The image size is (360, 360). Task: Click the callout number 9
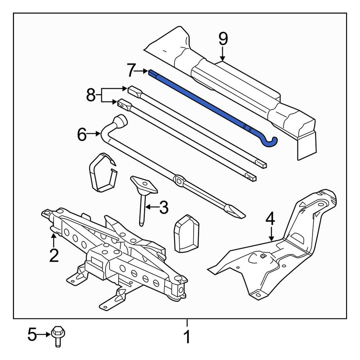[x=223, y=39]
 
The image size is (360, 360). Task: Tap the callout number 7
[x=131, y=71]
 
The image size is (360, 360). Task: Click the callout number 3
[x=164, y=207]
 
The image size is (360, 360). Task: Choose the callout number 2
[x=54, y=255]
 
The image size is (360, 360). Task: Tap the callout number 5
[x=32, y=334]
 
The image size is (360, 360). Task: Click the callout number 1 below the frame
[x=188, y=337]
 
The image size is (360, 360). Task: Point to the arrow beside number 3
[x=152, y=207]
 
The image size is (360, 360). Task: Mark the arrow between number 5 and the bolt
[x=44, y=334]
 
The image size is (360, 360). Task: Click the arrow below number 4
[x=271, y=234]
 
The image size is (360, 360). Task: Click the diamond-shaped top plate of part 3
[x=144, y=185]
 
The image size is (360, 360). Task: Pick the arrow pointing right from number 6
[x=94, y=133]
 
